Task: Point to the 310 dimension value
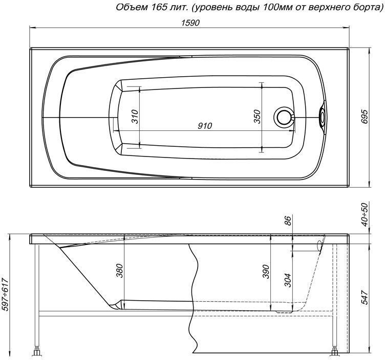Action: coord(135,117)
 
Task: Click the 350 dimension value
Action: coord(258,117)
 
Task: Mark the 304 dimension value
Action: coord(288,281)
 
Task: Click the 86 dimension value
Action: coord(288,221)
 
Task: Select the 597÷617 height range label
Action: coord(6,297)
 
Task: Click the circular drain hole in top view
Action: coord(283,117)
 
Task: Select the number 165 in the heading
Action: coord(150,7)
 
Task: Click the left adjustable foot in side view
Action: coord(37,352)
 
